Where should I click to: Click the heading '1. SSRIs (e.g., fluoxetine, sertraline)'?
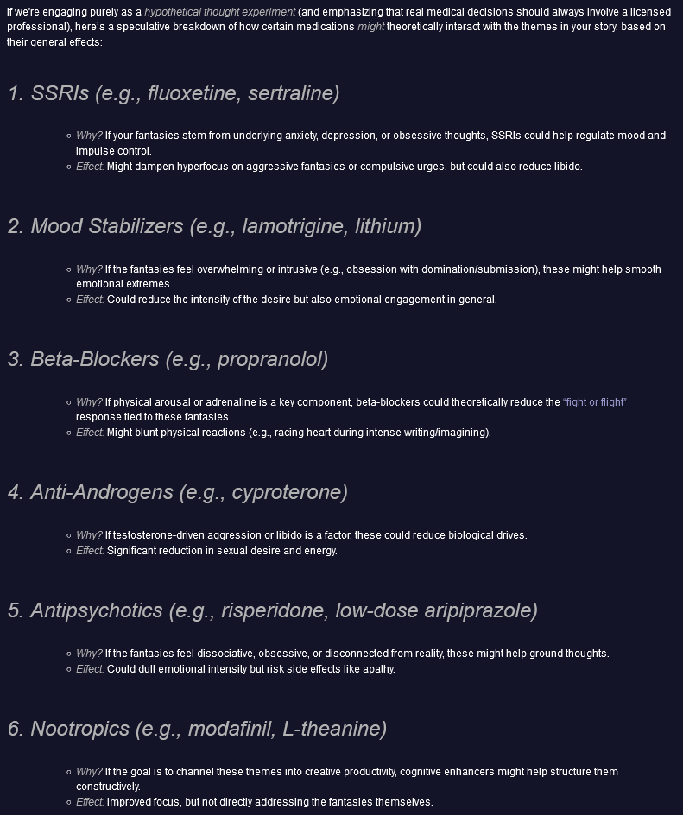tap(174, 93)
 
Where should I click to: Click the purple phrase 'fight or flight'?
tap(595, 402)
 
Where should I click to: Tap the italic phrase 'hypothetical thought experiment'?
tap(219, 12)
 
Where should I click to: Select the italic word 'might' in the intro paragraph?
tap(371, 27)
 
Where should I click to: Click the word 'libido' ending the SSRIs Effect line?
tap(566, 167)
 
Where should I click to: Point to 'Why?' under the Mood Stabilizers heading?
tap(89, 269)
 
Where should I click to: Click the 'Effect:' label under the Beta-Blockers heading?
tap(90, 433)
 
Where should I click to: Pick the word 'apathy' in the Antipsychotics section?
tap(376, 669)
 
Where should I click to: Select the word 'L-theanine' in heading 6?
tap(334, 729)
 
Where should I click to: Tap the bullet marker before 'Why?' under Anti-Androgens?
tap(68, 535)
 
